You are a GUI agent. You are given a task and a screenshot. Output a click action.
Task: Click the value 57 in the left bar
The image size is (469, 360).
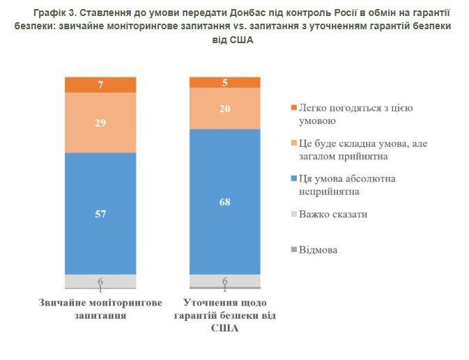coord(100,214)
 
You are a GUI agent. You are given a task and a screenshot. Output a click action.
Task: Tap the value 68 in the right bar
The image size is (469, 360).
coord(225,203)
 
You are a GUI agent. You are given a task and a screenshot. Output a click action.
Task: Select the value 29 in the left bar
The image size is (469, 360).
coord(100,123)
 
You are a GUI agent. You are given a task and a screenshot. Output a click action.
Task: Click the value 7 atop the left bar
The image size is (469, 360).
coord(100,85)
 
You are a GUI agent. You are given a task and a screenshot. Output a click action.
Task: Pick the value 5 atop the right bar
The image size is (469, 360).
coord(225,83)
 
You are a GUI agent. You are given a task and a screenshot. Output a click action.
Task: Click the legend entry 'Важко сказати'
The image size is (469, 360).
coord(333,214)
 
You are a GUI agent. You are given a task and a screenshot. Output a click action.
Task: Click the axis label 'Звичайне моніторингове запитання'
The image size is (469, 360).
coord(101,309)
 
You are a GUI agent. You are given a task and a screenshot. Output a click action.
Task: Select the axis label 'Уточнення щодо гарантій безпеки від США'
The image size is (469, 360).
coord(225,315)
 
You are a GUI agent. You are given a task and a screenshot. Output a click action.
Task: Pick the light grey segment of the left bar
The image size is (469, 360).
coord(100,280)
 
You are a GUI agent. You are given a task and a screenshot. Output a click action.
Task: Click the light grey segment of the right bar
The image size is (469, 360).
coord(225,279)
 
